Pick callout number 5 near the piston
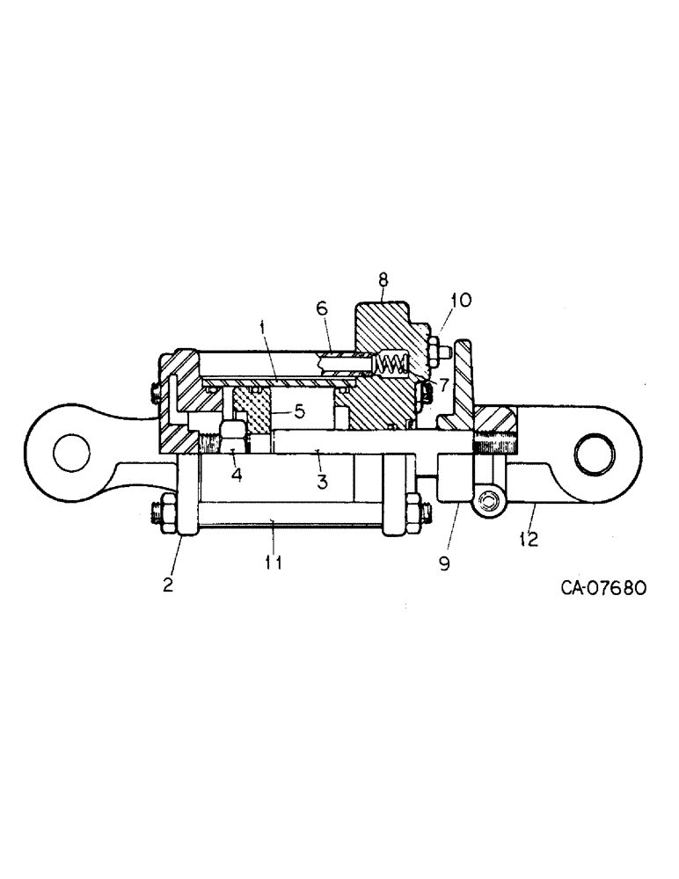(301, 410)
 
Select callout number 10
(461, 300)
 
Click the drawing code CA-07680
(604, 588)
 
